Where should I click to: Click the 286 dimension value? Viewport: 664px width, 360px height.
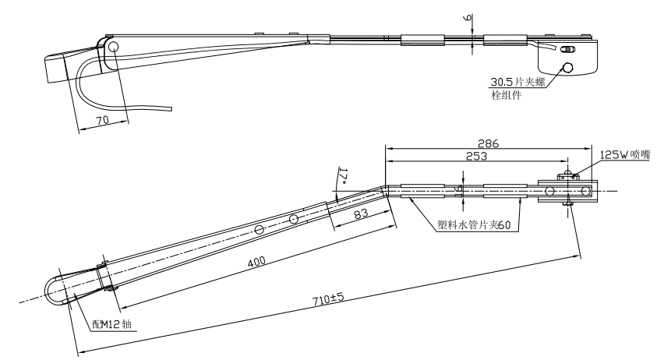pos(489,144)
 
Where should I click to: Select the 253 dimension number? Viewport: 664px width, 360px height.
pos(476,156)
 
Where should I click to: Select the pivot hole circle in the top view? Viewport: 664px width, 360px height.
pos(113,48)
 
